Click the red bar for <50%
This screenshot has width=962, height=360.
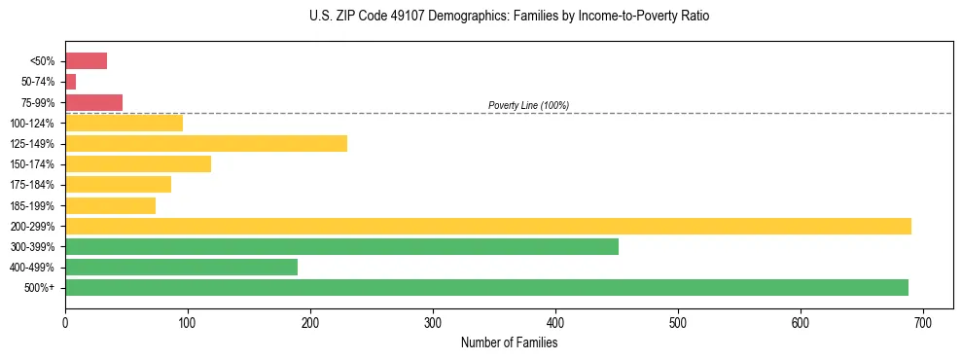pyautogui.click(x=86, y=61)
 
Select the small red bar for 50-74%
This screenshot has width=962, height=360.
pyautogui.click(x=70, y=82)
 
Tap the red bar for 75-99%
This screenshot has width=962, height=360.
pyautogui.click(x=93, y=102)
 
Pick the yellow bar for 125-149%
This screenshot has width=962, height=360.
pyautogui.click(x=206, y=144)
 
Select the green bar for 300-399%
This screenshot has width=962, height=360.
pyautogui.click(x=341, y=246)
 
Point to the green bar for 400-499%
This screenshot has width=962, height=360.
pyautogui.click(x=181, y=267)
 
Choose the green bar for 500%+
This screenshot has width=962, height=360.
pyautogui.click(x=486, y=287)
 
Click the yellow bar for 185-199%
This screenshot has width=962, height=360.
pyautogui.click(x=110, y=205)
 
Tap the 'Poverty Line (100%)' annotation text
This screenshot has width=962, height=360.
pyautogui.click(x=528, y=105)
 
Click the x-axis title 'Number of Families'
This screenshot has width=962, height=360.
pyautogui.click(x=509, y=342)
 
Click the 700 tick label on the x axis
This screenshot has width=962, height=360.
pyautogui.click(x=923, y=321)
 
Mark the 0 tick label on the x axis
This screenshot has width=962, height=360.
pyautogui.click(x=65, y=321)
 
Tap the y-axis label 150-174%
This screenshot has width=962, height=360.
pyautogui.click(x=33, y=164)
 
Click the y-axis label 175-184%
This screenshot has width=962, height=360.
pyautogui.click(x=33, y=185)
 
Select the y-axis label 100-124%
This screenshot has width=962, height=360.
pyautogui.click(x=33, y=124)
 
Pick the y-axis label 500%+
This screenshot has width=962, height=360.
pyautogui.click(x=39, y=288)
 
